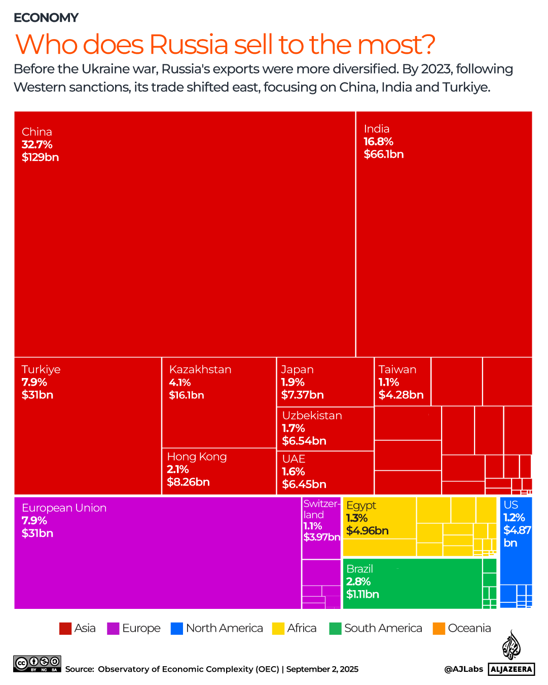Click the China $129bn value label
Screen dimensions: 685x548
coord(40,157)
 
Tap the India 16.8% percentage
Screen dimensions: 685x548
coord(378,142)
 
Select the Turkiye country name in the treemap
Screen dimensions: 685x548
coord(41,369)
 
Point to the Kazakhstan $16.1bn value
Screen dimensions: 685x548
coord(186,395)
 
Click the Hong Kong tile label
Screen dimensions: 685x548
coord(197,457)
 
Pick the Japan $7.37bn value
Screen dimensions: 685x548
coord(302,395)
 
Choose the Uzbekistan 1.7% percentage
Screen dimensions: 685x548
coord(293,428)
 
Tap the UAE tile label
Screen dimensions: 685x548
coord(294,459)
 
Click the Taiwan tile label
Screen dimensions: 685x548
coord(397,369)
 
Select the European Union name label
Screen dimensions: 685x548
coord(64,508)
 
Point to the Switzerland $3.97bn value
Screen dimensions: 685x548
coord(321,537)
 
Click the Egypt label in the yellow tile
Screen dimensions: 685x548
coord(361,505)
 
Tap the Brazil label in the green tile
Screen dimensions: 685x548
coord(359,569)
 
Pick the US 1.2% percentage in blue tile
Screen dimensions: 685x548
coord(514,518)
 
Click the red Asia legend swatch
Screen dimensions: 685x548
coord(65,628)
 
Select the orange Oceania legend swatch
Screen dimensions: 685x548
coord(439,628)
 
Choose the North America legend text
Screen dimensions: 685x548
coord(224,628)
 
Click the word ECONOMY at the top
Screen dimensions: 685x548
coord(46,18)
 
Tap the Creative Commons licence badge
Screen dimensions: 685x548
coord(37,664)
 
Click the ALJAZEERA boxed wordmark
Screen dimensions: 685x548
coord(512,669)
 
